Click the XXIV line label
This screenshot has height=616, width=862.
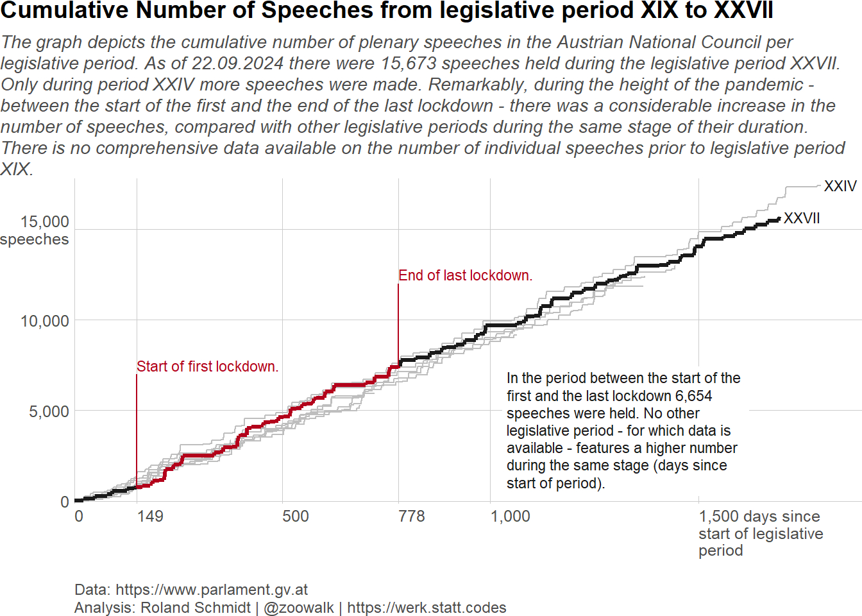840,186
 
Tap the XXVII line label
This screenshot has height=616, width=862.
802,218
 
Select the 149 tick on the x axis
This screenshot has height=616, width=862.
150,517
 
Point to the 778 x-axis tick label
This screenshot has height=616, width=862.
412,517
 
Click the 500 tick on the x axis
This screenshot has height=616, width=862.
296,517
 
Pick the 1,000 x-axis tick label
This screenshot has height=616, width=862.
511,517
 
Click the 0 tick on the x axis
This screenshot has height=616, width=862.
79,517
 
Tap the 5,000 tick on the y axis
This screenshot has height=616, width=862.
49,411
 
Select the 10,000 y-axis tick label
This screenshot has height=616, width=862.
44,321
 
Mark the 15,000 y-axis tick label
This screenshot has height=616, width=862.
44,222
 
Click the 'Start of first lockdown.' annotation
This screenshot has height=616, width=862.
207,366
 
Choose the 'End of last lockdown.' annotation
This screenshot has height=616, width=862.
465,275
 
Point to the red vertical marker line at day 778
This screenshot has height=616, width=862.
398,321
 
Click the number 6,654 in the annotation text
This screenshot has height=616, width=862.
693,396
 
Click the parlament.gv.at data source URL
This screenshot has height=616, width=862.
212,590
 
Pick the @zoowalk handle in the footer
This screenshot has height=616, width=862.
299,608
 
